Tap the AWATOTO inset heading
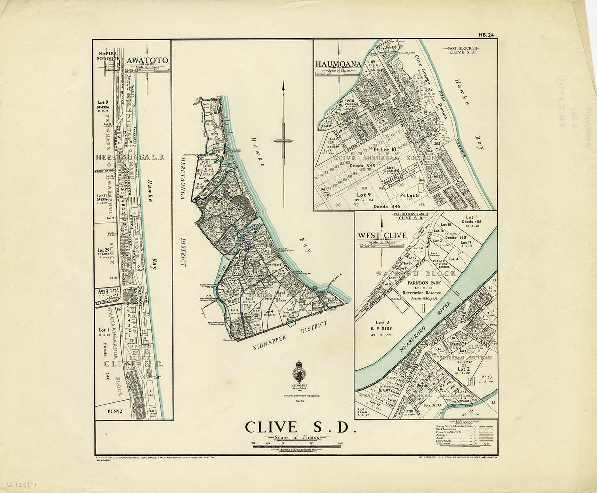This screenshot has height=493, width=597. coord(147,61)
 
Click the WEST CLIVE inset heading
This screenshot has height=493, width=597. coord(382,235)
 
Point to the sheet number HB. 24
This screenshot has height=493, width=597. coord(486,35)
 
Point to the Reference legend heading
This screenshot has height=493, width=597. coord(460,422)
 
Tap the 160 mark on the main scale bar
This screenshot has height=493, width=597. coord(341,442)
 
